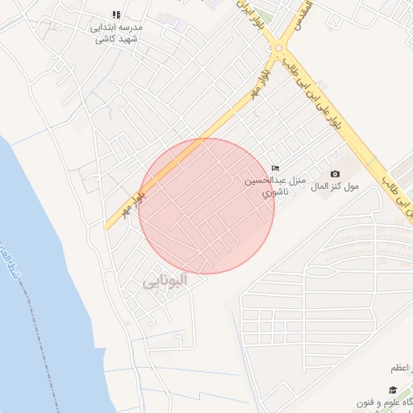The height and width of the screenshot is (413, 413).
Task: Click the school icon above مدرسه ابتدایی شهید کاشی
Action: click(116, 15)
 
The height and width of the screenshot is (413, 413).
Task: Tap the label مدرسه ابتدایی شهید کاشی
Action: click(115, 32)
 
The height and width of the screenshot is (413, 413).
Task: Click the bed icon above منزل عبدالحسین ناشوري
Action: click(275, 168)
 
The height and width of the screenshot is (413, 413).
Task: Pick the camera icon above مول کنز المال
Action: click(336, 173)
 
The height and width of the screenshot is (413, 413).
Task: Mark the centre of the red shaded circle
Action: click(206, 206)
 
